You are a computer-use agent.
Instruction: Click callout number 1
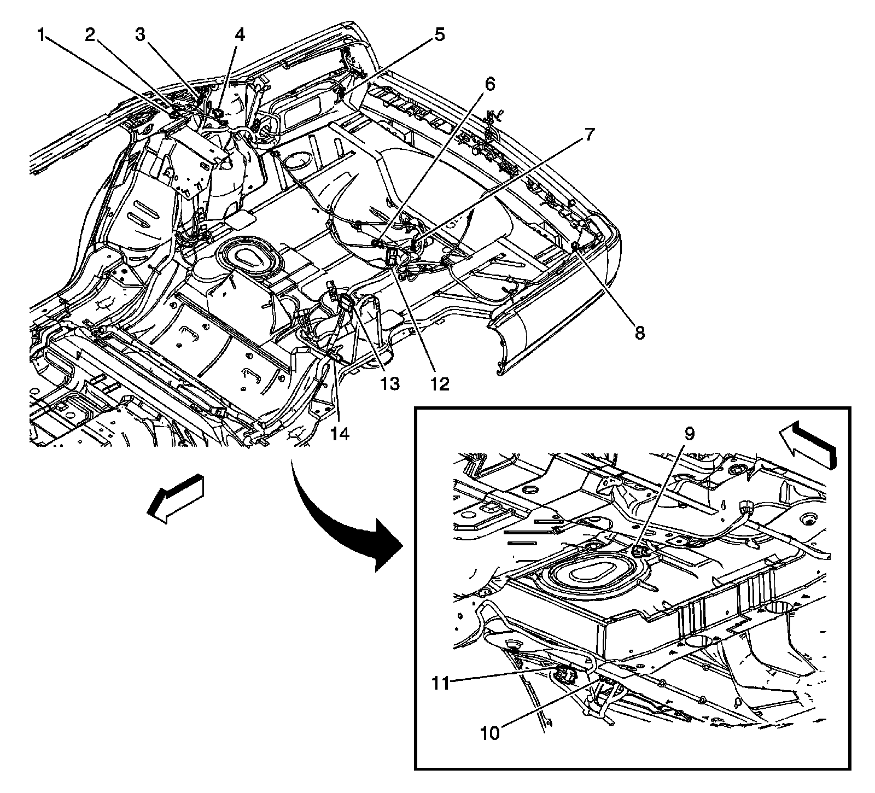[x=40, y=36]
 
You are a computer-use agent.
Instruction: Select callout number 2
[x=91, y=36]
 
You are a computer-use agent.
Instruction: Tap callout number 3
[x=142, y=36]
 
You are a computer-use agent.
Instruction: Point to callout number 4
[x=240, y=36]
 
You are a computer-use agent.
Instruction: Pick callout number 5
[x=440, y=36]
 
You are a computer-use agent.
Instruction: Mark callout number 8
[x=639, y=332]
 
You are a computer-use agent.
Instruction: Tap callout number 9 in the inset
[x=689, y=434]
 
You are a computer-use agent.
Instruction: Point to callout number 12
[x=439, y=384]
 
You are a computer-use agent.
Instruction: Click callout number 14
[x=340, y=434]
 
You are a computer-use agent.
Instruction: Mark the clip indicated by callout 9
[x=640, y=550]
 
